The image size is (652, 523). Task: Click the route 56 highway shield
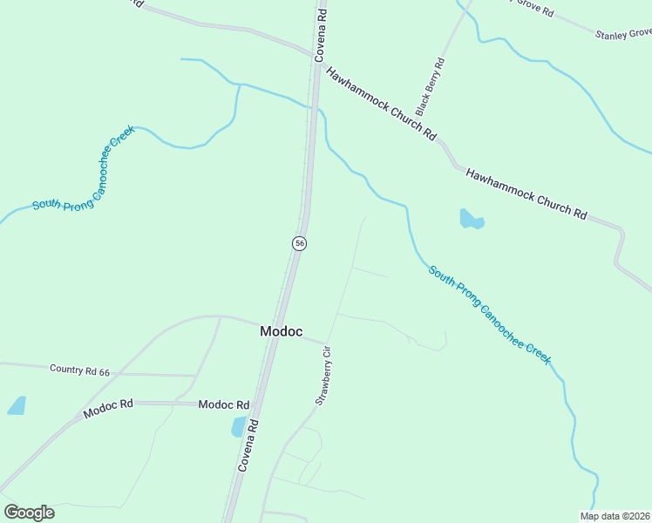[299, 243]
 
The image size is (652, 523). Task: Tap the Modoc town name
[282, 331]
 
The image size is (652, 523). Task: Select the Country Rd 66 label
[80, 370]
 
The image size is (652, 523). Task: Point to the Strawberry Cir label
[323, 376]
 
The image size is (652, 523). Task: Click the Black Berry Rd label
[430, 87]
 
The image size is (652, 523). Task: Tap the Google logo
[29, 513]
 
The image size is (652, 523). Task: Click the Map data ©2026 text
[615, 516]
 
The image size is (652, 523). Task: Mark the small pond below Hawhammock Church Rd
[471, 220]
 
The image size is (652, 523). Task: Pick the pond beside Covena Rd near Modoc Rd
[238, 426]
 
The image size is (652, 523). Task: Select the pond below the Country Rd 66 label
[17, 405]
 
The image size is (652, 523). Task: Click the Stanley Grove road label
[623, 34]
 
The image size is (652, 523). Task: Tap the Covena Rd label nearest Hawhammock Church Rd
[321, 35]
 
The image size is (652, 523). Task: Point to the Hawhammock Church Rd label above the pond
[526, 193]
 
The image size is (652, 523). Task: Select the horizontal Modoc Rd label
[224, 404]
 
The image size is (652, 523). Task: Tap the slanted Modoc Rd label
[108, 408]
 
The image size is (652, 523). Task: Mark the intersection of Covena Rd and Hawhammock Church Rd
[314, 60]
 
